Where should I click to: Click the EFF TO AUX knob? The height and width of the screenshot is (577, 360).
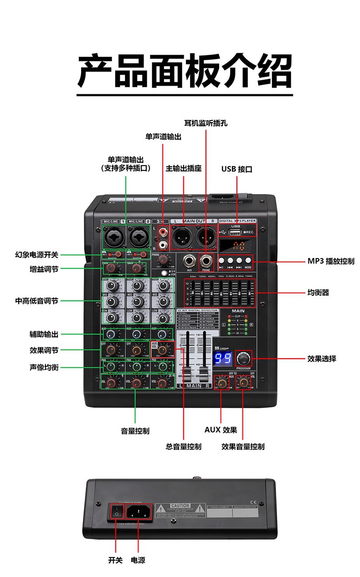pos(221,383)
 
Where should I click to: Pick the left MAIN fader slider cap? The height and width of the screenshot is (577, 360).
pos(187,376)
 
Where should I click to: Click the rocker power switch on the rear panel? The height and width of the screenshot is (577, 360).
pos(116,512)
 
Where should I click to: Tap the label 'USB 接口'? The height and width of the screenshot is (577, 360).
pos(237,169)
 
